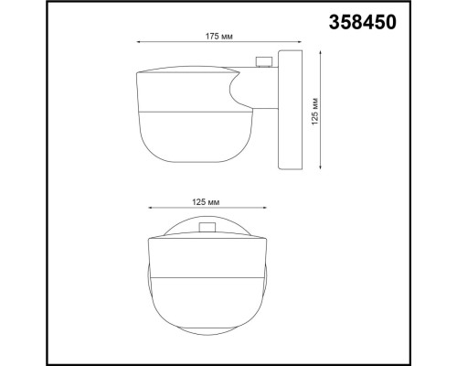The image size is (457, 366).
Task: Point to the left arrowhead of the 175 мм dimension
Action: click(138, 43)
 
